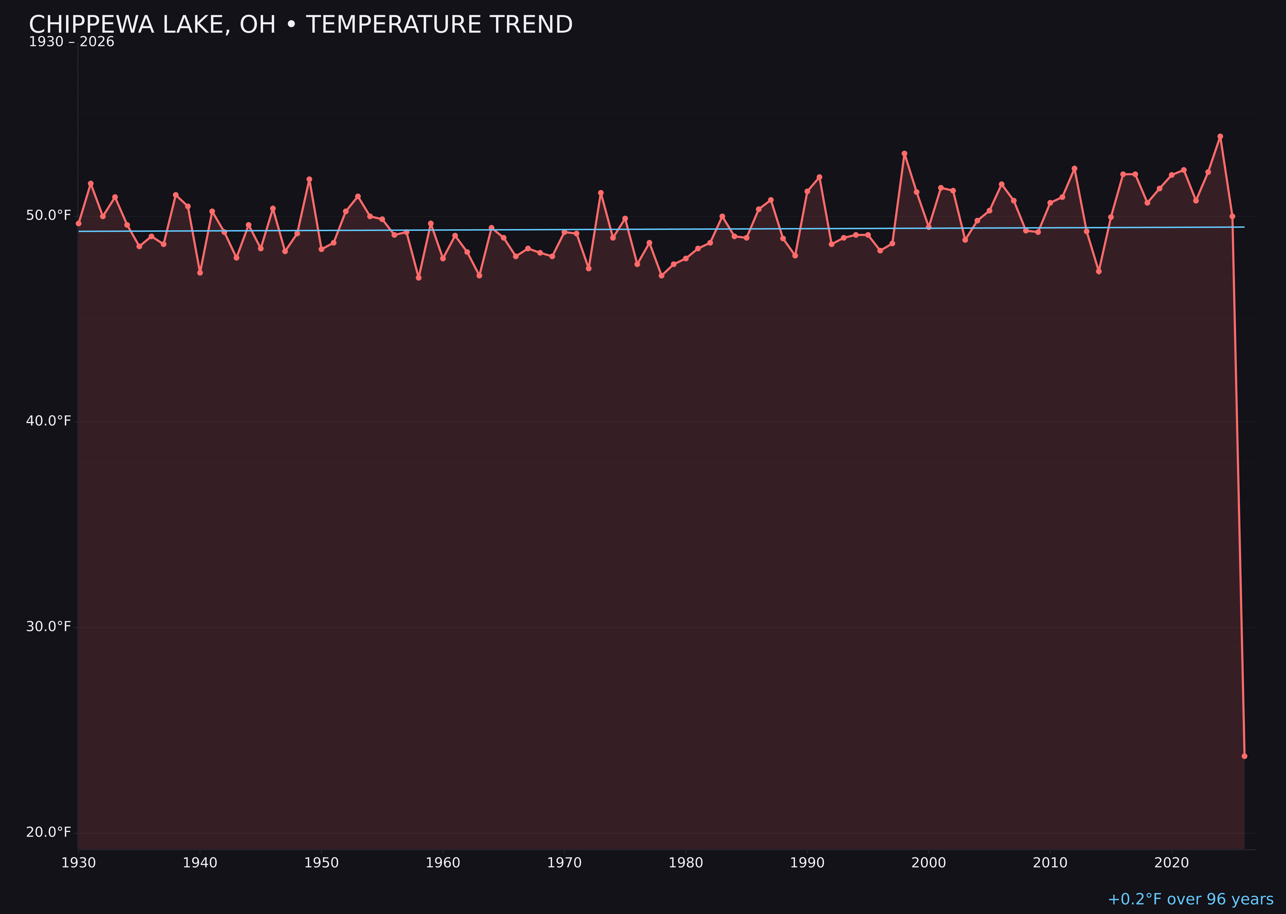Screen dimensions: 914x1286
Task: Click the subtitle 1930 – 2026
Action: click(71, 42)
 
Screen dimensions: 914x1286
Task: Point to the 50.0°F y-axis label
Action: click(49, 216)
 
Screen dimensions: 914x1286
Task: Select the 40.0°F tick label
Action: click(49, 421)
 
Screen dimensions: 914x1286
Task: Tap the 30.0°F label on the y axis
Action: click(49, 626)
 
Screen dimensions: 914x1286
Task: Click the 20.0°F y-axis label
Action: click(49, 832)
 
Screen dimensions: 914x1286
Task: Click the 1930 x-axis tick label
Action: click(78, 863)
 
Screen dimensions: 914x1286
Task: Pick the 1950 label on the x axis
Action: click(321, 863)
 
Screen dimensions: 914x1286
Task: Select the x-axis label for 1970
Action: click(564, 863)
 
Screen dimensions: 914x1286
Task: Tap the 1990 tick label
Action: click(807, 863)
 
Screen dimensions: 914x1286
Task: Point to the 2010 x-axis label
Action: click(1050, 863)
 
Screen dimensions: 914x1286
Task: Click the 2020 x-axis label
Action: click(1172, 863)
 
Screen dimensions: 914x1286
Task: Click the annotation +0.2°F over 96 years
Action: click(1190, 899)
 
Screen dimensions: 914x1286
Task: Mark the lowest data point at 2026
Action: click(1244, 756)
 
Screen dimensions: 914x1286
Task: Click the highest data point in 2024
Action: click(1220, 136)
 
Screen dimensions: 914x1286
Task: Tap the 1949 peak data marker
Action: click(309, 179)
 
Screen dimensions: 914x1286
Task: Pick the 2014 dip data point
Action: click(1099, 271)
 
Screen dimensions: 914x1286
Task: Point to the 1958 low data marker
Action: click(418, 277)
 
